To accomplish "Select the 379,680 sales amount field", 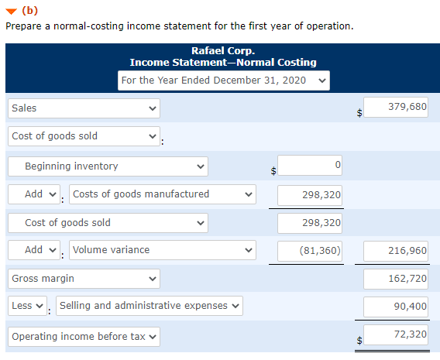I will (x=396, y=107).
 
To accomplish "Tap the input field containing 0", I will (x=310, y=165).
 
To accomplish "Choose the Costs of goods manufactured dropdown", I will (x=163, y=194).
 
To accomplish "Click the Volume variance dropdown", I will (x=163, y=249).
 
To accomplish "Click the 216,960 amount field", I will (x=396, y=250).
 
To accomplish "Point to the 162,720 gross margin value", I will (x=396, y=278).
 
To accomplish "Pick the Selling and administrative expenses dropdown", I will (x=149, y=305).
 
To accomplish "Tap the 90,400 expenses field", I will (x=396, y=306).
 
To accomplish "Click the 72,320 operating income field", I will (x=396, y=334).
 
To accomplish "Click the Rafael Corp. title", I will (x=223, y=51).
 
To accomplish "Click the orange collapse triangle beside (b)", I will (x=10, y=11).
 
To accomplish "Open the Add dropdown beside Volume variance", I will (x=37, y=249).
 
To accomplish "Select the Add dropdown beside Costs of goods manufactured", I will (x=37, y=194).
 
